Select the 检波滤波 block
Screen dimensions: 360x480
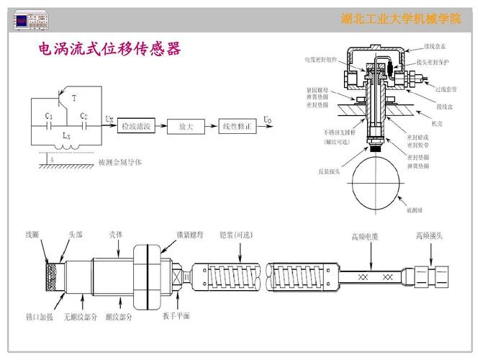pyautogui.click(x=136, y=125)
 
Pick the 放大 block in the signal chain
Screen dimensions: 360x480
pyautogui.click(x=186, y=125)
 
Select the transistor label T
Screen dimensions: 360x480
pyautogui.click(x=75, y=96)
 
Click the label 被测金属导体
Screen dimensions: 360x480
pyautogui.click(x=120, y=162)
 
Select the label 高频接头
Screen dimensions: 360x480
pyautogui.click(x=429, y=236)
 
